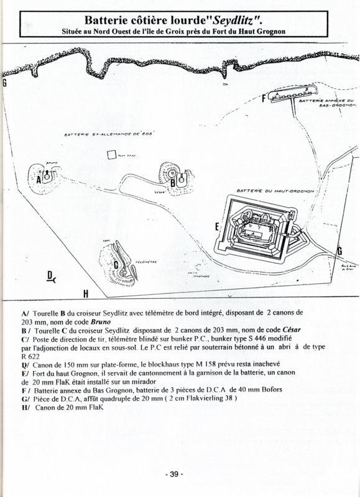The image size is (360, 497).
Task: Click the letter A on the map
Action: point(39,179)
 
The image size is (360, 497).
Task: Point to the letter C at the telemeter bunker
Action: point(116,265)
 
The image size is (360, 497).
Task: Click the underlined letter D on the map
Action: point(50,275)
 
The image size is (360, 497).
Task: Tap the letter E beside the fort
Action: point(216,227)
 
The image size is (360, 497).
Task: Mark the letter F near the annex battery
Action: point(264,98)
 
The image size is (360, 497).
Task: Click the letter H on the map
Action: point(85,293)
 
